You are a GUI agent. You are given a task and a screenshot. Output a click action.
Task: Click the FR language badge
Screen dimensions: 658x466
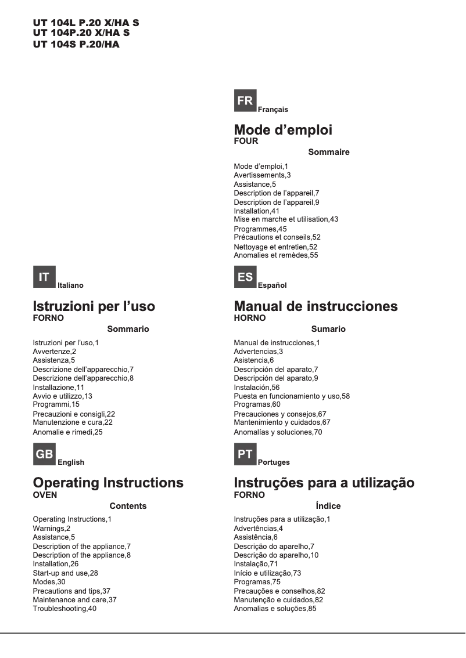click(x=245, y=101)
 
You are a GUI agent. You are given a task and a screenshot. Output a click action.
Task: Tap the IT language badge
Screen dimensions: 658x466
click(x=44, y=277)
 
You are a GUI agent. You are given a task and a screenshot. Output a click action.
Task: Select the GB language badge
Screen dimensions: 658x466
click(x=44, y=454)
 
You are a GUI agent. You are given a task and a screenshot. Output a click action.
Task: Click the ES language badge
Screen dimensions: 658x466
click(x=245, y=277)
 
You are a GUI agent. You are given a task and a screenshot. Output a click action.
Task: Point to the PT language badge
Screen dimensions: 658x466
click(x=245, y=454)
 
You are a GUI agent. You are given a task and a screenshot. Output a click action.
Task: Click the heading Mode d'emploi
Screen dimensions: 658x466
click(x=283, y=129)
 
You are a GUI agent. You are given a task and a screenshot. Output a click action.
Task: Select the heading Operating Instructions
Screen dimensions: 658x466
click(x=108, y=483)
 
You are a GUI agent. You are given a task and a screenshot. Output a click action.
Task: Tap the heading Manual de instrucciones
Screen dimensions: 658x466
click(x=316, y=306)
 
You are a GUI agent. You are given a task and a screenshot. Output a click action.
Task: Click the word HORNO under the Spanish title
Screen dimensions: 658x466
click(x=250, y=318)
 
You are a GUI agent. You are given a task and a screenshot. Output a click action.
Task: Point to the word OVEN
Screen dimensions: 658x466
click(x=45, y=495)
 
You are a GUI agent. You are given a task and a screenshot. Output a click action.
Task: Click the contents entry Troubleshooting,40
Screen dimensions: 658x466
click(x=64, y=608)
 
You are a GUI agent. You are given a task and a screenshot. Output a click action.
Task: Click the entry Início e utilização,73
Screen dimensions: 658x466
click(x=267, y=573)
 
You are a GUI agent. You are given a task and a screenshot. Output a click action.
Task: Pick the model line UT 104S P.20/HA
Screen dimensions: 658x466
click(x=76, y=44)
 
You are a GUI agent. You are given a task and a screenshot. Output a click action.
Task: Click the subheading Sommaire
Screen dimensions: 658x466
click(x=329, y=152)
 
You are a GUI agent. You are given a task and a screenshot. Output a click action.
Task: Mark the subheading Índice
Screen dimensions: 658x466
click(x=328, y=506)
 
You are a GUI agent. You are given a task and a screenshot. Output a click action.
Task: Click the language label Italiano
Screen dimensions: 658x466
click(x=70, y=285)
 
